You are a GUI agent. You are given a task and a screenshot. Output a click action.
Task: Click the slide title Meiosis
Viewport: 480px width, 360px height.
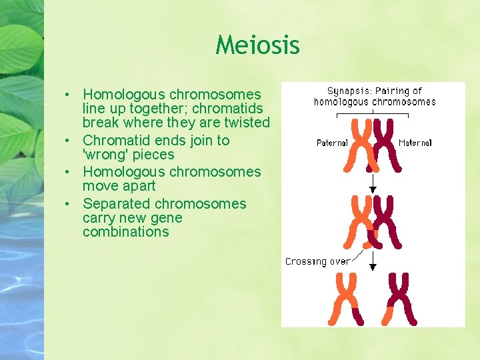pyautogui.click(x=257, y=45)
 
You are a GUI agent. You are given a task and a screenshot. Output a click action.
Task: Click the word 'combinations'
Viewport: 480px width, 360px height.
pyautogui.click(x=125, y=232)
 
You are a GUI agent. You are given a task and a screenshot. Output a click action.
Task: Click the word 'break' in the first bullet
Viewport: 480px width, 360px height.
pyautogui.click(x=101, y=123)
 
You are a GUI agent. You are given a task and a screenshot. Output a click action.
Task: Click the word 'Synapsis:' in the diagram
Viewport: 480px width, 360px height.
pyautogui.click(x=350, y=91)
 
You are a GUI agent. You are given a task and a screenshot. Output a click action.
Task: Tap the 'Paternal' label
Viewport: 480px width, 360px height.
pyautogui.click(x=332, y=143)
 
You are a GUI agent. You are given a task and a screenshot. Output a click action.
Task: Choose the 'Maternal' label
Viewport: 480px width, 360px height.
pyautogui.click(x=415, y=143)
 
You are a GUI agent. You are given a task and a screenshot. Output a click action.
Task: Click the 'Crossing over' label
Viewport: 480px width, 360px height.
pyautogui.click(x=317, y=261)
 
